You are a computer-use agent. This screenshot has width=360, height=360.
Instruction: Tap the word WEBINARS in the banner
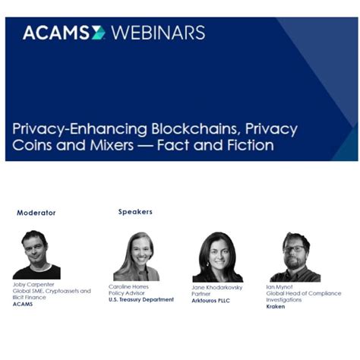[x=158, y=33]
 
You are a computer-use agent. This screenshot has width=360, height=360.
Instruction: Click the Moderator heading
[x=36, y=213]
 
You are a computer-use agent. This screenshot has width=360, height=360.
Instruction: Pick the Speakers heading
[x=135, y=212]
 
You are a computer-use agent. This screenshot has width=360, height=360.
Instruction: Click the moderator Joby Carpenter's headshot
[x=36, y=255]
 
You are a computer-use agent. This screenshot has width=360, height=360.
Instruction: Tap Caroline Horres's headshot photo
[x=136, y=257]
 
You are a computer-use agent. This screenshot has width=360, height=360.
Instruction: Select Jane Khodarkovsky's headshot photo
[x=217, y=257]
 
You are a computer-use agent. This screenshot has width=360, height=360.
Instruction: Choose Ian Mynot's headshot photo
[x=295, y=257]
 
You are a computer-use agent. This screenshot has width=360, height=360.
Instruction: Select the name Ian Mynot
[x=280, y=287]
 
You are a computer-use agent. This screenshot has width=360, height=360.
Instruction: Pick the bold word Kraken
[x=276, y=306]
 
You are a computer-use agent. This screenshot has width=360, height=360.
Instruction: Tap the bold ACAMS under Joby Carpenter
[x=23, y=304]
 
